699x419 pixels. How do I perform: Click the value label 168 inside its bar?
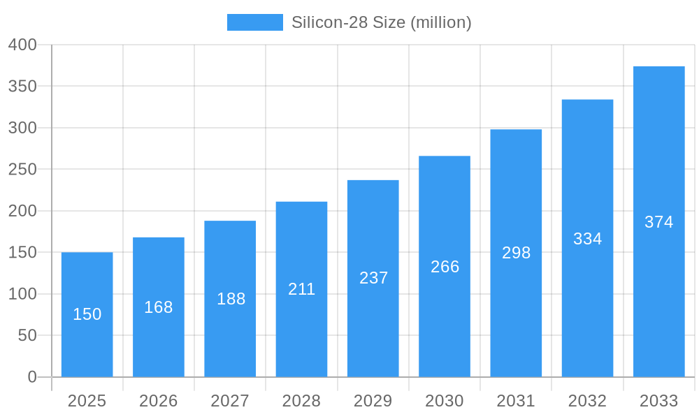[x=159, y=307]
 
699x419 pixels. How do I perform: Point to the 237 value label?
[x=373, y=278]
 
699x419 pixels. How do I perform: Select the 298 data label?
[x=516, y=253]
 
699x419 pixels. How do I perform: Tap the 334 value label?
[x=587, y=239]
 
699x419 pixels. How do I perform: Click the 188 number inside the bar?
[x=231, y=299]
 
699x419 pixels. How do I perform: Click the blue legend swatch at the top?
[x=254, y=22]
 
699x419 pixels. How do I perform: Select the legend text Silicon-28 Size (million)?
[x=381, y=22]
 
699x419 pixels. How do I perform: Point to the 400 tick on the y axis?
[x=22, y=45]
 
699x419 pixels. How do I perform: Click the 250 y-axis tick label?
[x=22, y=170]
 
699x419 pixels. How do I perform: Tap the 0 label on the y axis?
[x=32, y=377]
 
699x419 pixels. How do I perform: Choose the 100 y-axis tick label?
[x=22, y=294]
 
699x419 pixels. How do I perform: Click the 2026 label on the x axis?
[x=159, y=401]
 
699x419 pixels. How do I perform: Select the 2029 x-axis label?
[x=373, y=401]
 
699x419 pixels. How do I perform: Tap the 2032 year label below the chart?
[x=587, y=401]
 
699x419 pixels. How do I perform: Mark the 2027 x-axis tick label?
[x=230, y=401]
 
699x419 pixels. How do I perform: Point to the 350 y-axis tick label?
[x=22, y=87]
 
